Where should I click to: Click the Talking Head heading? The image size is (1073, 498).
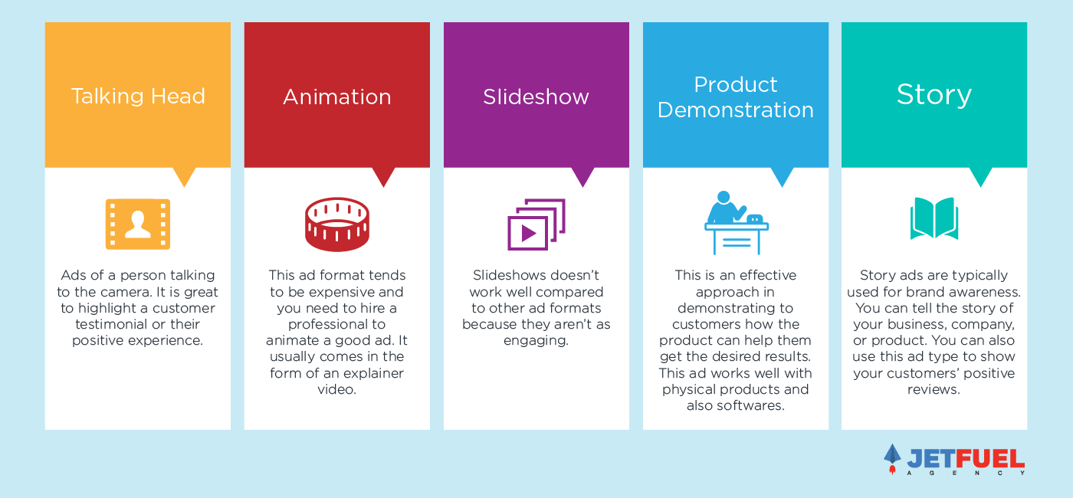(x=138, y=97)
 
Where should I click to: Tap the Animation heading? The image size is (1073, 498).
(x=337, y=97)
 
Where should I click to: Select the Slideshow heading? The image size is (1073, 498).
(x=536, y=97)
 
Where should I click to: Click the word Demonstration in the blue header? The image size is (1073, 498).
(x=735, y=110)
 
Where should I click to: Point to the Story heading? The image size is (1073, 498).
(x=934, y=96)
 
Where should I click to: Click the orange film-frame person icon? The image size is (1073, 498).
(x=138, y=224)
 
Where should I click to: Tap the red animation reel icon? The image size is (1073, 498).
(x=337, y=224)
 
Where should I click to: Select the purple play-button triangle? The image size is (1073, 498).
(x=529, y=234)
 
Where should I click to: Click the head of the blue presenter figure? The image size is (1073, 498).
(x=724, y=198)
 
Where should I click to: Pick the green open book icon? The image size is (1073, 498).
(x=934, y=218)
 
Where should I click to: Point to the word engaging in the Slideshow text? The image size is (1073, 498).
(x=536, y=341)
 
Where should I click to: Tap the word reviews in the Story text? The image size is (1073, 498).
(x=934, y=390)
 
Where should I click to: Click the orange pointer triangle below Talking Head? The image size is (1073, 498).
(x=185, y=176)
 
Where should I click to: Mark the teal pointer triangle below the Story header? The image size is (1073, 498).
(x=980, y=176)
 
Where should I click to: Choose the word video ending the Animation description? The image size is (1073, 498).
(x=336, y=390)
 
